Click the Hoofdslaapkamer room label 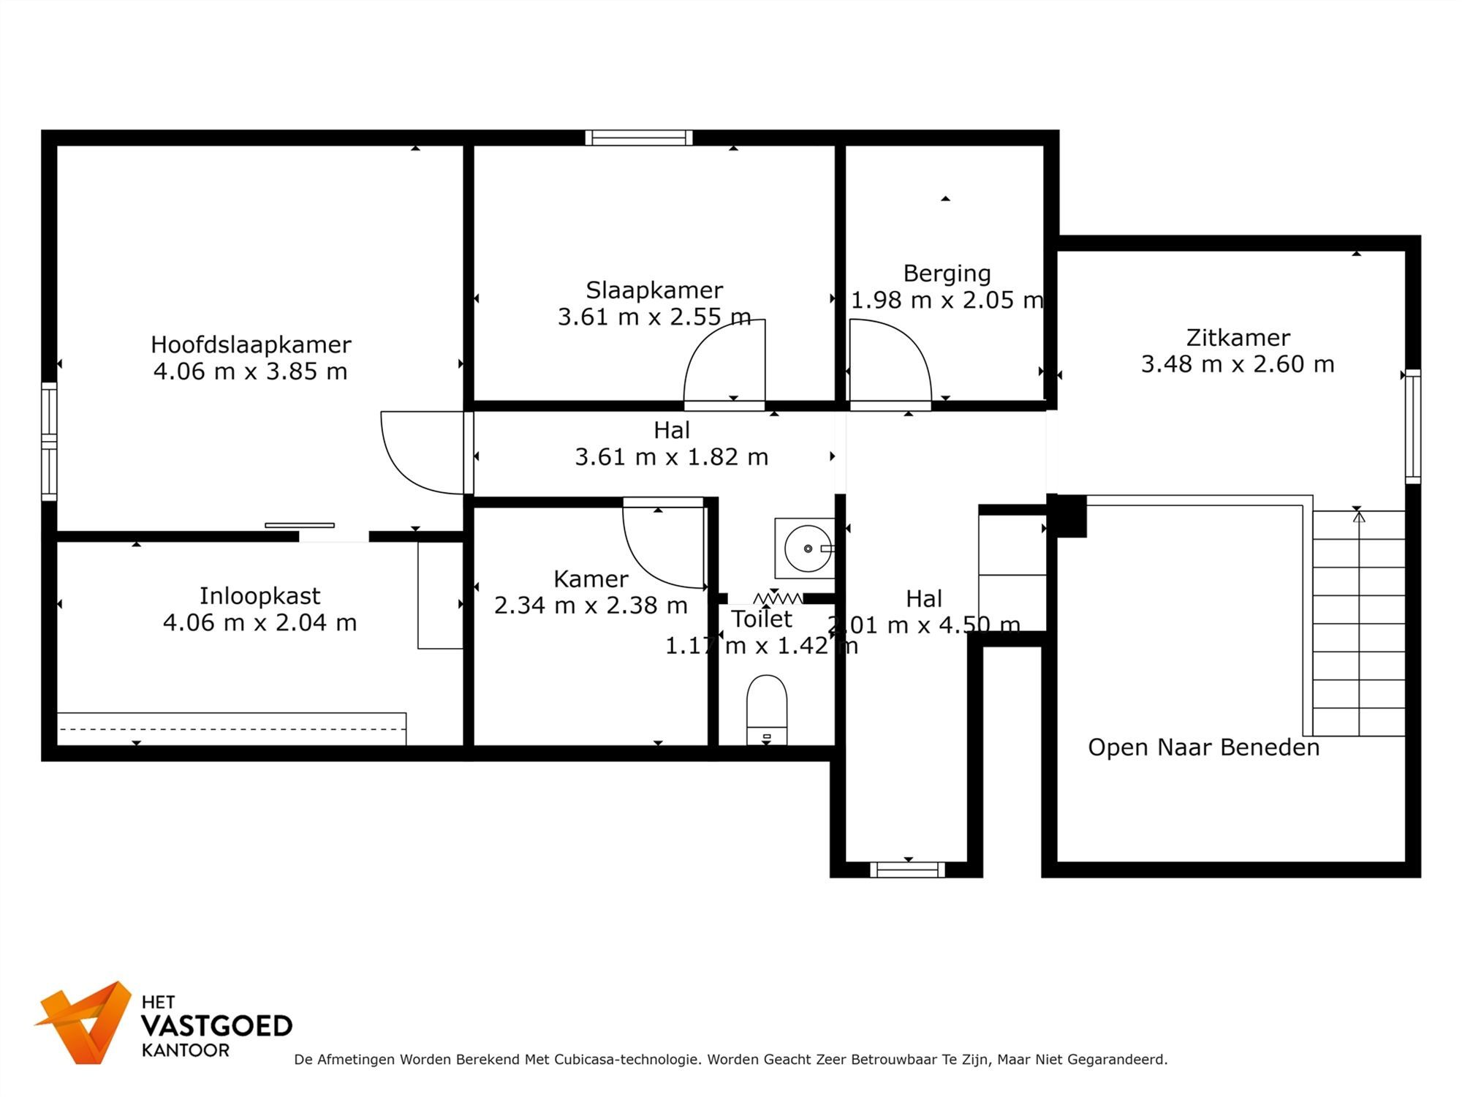[x=251, y=344]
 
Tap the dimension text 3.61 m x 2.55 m [x=654, y=317]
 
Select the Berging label [x=947, y=274]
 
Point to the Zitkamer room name [x=1238, y=338]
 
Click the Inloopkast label [x=260, y=596]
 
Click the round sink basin [x=807, y=548]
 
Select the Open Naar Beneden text [x=1203, y=747]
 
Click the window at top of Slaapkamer [x=639, y=137]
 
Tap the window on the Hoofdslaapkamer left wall [x=49, y=442]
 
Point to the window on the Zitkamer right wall [x=1413, y=426]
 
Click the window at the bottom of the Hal [x=907, y=870]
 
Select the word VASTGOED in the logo [x=216, y=1026]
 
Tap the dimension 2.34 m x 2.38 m [x=591, y=606]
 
